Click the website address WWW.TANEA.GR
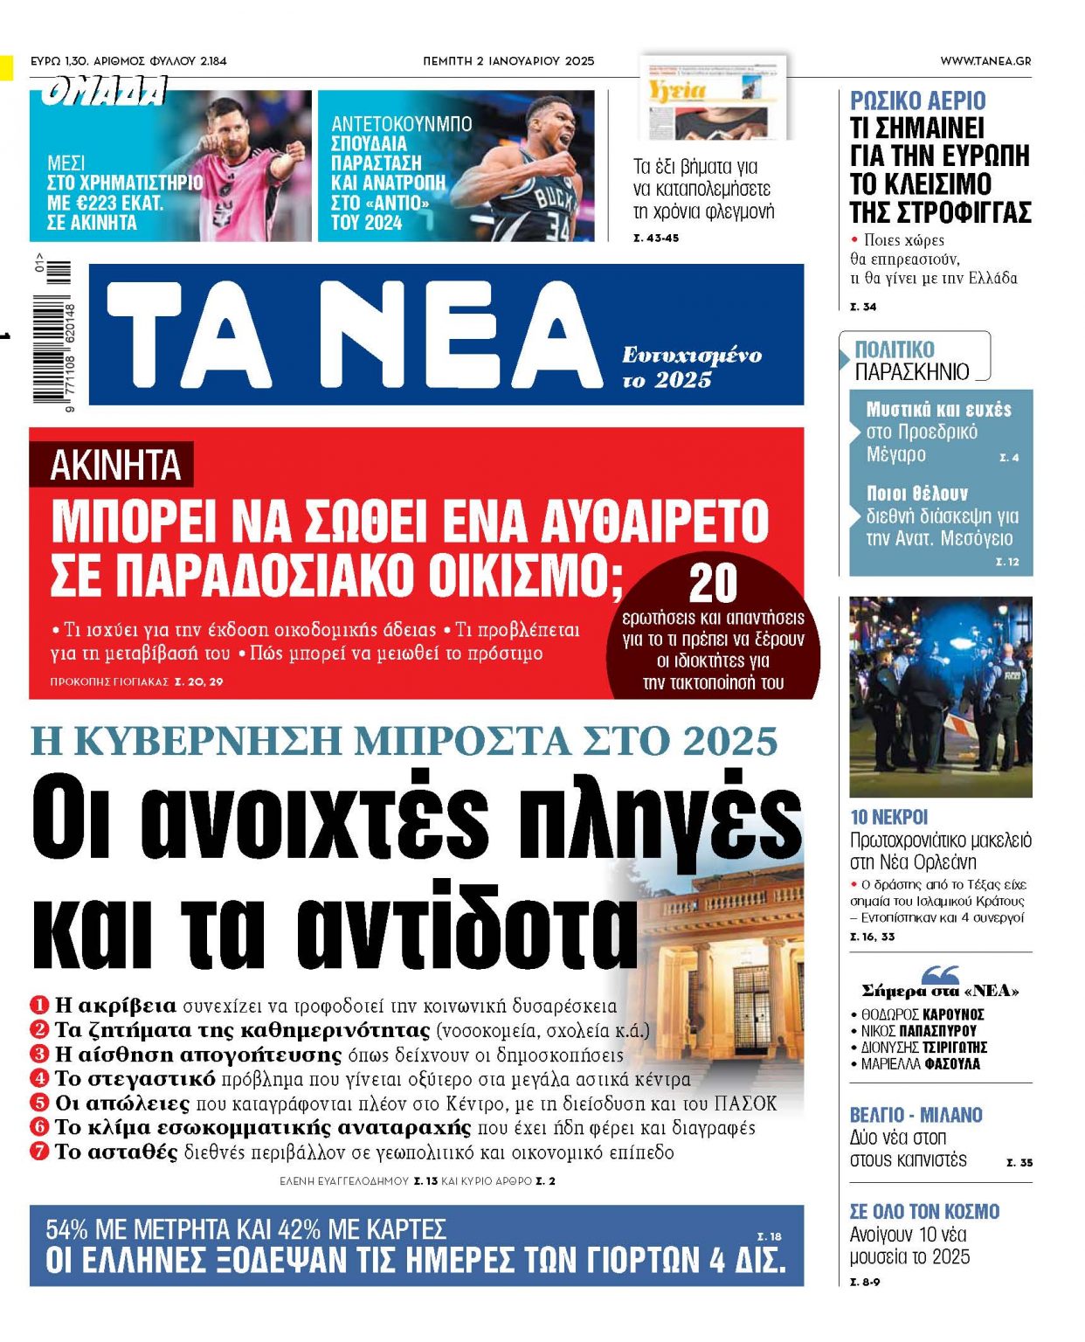tap(985, 61)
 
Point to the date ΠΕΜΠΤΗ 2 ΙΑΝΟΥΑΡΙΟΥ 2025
tap(508, 61)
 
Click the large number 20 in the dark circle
tap(713, 583)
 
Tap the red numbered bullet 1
tap(39, 1005)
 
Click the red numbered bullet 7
tap(39, 1152)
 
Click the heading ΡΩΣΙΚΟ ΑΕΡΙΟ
tap(917, 100)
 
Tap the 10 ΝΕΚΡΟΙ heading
tap(888, 817)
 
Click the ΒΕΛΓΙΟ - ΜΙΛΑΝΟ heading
tap(916, 1115)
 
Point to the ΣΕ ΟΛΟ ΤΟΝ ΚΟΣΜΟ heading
tap(924, 1211)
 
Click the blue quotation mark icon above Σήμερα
tap(940, 973)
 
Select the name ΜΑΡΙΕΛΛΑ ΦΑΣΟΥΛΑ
tap(920, 1064)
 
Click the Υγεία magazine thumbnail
tap(714, 98)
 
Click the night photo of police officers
tap(940, 696)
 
